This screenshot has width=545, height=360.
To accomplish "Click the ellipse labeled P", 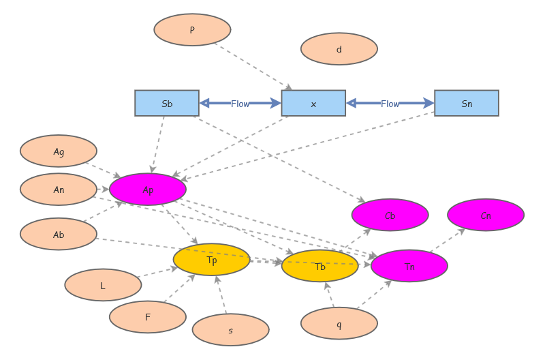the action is tap(192, 29).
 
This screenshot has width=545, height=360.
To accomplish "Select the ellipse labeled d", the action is tap(339, 48).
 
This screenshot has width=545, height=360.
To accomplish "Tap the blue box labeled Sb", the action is tap(167, 103).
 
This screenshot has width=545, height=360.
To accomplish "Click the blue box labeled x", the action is tap(313, 103).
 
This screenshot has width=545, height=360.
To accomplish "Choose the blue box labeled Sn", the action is tap(467, 103).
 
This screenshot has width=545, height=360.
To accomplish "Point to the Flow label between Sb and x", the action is tap(240, 104).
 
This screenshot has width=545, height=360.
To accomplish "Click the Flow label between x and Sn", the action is tap(390, 104).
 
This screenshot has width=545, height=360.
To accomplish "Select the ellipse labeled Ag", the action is tap(59, 151).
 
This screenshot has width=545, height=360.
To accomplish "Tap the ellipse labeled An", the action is tap(59, 190).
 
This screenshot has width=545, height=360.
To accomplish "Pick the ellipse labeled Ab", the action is tap(59, 234).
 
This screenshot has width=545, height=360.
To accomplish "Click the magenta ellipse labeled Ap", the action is tap(148, 190).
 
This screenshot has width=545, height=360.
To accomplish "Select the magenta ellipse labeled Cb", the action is tap(390, 215).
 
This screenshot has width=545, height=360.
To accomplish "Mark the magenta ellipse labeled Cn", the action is tap(486, 215).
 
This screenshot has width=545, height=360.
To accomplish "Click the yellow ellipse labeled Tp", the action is tap(211, 260).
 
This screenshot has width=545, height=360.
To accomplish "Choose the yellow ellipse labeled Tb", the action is tap(320, 266).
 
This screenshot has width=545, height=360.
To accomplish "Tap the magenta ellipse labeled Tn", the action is tap(409, 266).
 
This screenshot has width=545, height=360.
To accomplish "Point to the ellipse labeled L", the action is tap(103, 285).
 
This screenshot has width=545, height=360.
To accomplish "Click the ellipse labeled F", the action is tap(148, 317).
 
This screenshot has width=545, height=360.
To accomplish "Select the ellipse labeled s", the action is tap(230, 330).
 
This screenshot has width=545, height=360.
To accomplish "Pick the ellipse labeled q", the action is tap(339, 323).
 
